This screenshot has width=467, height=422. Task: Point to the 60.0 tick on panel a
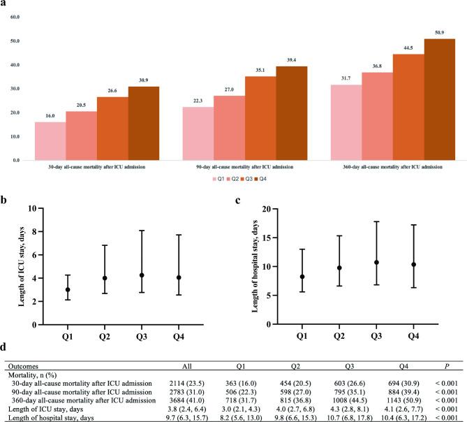click(15, 17)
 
